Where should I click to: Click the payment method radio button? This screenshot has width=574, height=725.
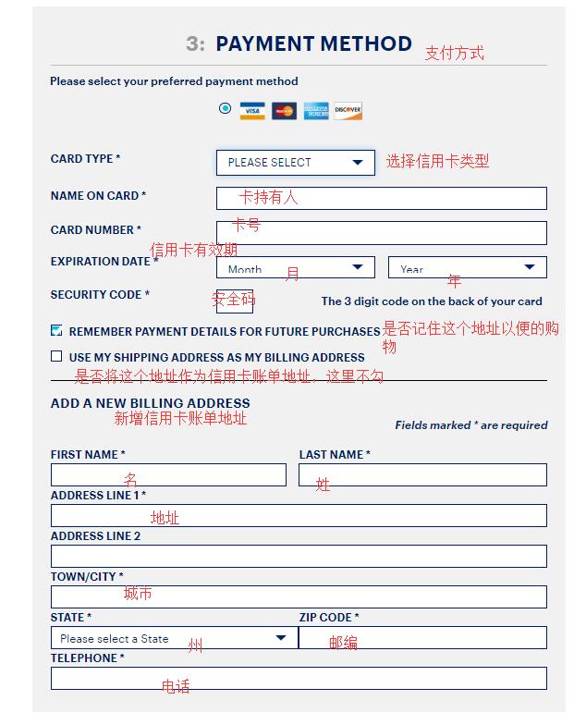point(225,108)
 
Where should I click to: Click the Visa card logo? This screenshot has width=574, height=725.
point(252,111)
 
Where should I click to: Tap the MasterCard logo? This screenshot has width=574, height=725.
point(284,111)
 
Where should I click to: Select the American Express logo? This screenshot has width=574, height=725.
point(316,111)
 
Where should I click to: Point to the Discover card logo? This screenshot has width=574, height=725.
point(348,111)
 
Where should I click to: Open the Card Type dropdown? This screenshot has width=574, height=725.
point(296,163)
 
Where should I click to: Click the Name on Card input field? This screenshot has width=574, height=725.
point(381,198)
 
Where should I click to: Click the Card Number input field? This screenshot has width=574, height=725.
point(381,232)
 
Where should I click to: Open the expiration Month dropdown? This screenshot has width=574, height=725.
point(296,268)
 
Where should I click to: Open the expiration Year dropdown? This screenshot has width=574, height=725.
point(467,268)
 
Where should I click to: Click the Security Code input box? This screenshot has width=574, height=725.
point(235,301)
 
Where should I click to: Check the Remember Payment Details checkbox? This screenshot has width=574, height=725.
point(56,330)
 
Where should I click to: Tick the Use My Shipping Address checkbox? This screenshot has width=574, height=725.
point(56,356)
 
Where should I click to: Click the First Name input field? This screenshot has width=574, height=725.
point(168,475)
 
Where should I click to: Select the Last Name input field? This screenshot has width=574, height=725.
point(422,475)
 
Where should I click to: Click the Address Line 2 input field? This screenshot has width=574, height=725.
point(299,556)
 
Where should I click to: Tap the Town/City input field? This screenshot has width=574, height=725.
point(299,596)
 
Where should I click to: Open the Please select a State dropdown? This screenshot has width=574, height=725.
point(174,638)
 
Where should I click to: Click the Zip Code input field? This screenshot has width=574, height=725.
point(422,638)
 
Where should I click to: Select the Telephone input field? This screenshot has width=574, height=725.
point(299,678)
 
